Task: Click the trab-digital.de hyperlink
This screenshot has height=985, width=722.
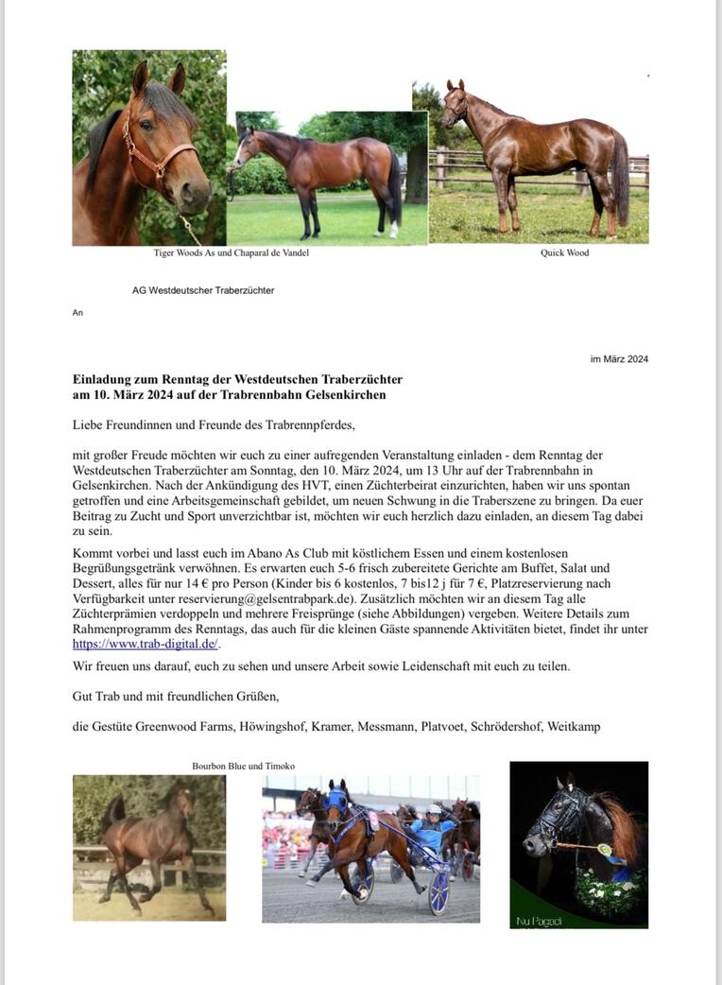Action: (146, 644)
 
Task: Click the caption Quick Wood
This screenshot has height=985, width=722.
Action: (564, 252)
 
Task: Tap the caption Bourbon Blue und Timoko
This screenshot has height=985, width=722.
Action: (243, 766)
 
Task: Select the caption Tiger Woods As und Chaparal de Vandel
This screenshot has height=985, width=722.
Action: (231, 252)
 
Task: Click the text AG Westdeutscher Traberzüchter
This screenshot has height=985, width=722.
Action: (203, 290)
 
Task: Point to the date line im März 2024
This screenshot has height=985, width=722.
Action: (619, 359)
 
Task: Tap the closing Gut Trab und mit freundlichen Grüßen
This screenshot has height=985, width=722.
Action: (176, 697)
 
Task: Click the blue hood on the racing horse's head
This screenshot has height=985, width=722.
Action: (337, 800)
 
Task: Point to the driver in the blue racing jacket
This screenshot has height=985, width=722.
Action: (433, 833)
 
